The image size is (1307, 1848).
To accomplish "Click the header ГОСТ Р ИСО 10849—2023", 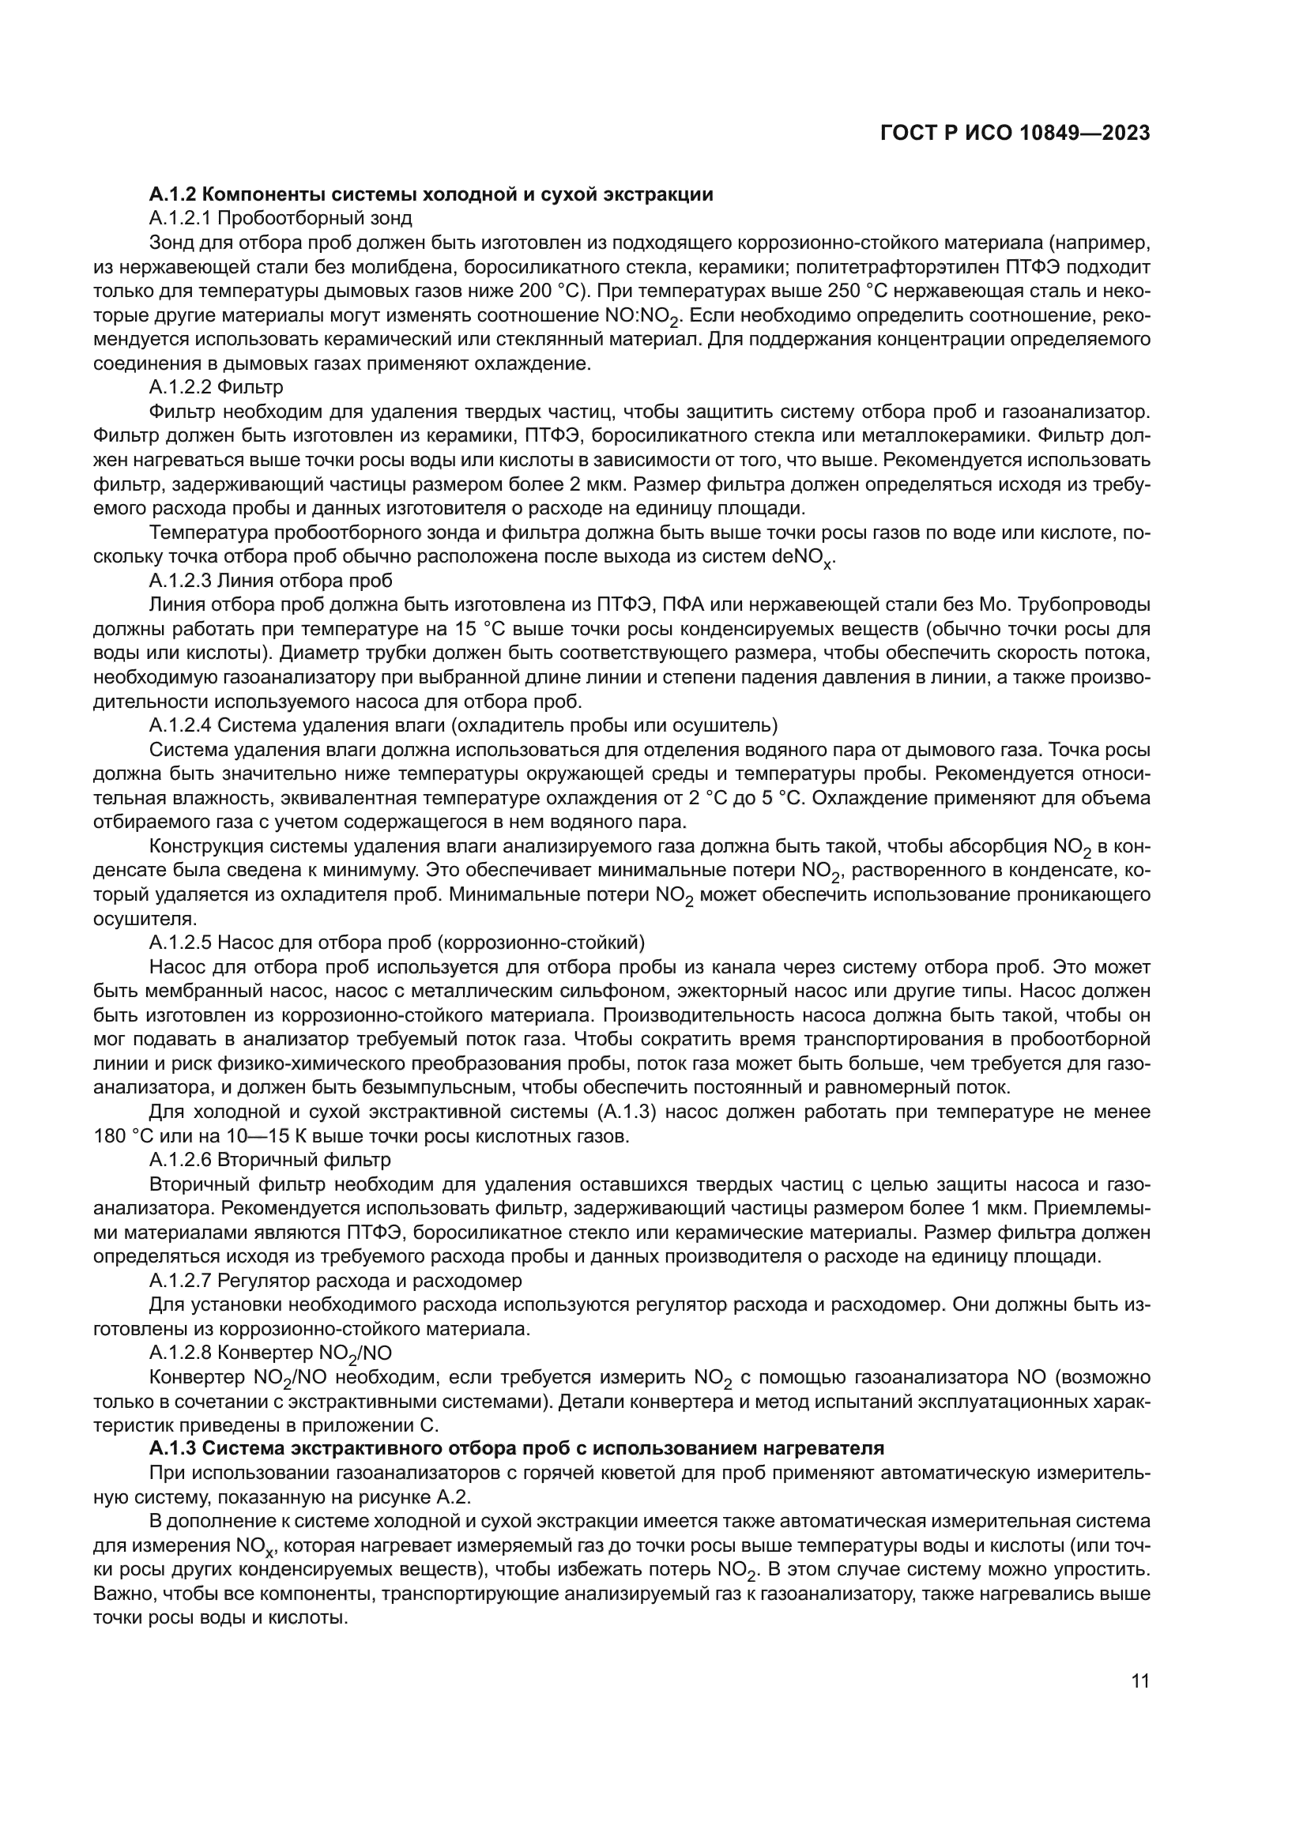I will [1015, 134].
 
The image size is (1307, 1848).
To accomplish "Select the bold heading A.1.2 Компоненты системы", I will [431, 194].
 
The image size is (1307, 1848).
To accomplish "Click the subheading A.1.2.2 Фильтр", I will [216, 387].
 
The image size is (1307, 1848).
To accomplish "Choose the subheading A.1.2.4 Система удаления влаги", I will [463, 725].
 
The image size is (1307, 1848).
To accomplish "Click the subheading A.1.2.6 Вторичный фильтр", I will [269, 1160].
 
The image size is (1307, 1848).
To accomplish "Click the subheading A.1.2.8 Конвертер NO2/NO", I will [270, 1353].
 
